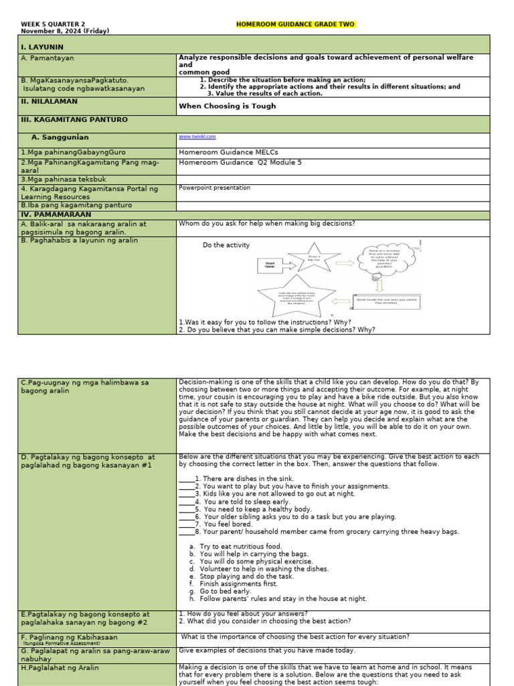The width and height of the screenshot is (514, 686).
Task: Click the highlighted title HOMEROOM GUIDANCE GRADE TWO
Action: (x=295, y=25)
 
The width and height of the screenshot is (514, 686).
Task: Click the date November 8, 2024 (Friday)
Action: (x=65, y=31)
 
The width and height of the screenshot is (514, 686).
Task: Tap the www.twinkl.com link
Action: (x=197, y=137)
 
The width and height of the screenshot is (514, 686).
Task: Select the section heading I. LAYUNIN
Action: (x=42, y=48)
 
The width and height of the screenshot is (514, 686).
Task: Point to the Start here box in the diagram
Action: (x=266, y=265)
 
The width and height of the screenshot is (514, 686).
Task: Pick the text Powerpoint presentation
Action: (x=214, y=188)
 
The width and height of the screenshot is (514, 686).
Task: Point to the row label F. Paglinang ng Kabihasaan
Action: (x=64, y=636)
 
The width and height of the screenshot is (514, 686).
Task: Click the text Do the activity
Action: (x=226, y=245)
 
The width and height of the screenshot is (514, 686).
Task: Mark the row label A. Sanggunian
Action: (x=60, y=137)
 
